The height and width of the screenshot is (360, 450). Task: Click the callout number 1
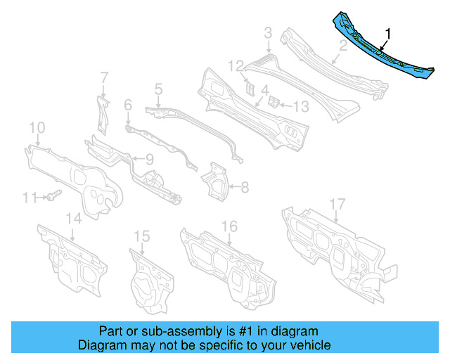(388, 33)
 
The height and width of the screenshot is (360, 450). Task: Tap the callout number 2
(343, 48)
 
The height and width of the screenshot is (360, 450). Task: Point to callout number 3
(268, 32)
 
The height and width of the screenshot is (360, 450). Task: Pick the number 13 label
(301, 106)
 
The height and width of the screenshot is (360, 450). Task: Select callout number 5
(158, 89)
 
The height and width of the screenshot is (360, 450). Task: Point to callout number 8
(244, 188)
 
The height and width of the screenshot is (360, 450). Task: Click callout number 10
(37, 127)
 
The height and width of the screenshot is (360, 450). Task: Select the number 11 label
(28, 198)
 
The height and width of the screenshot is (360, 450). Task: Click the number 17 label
(338, 205)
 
